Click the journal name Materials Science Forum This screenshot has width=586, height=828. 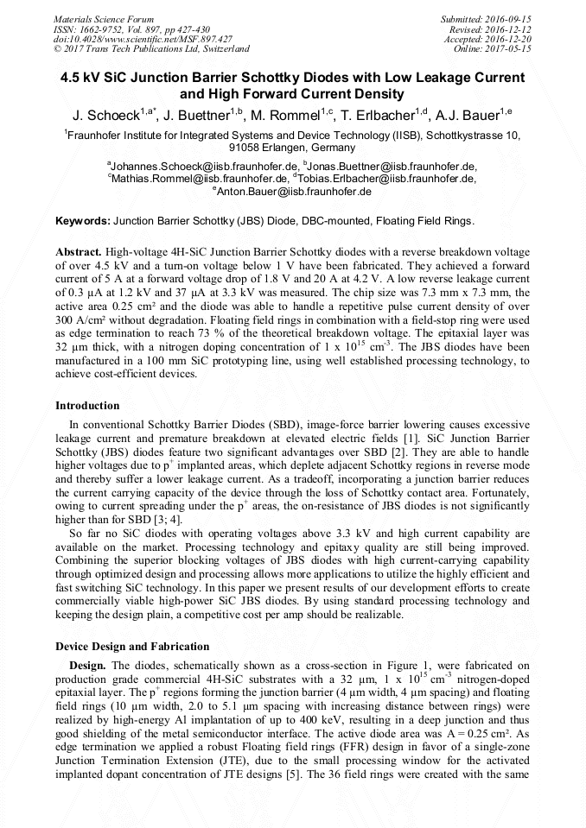click(104, 19)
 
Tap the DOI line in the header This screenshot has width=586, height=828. click(143, 39)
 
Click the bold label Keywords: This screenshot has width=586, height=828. click(83, 221)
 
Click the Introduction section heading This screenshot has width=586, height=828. click(87, 405)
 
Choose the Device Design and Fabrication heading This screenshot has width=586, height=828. click(132, 646)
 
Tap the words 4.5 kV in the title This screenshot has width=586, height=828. click(82, 78)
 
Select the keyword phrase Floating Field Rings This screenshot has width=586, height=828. click(419, 221)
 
